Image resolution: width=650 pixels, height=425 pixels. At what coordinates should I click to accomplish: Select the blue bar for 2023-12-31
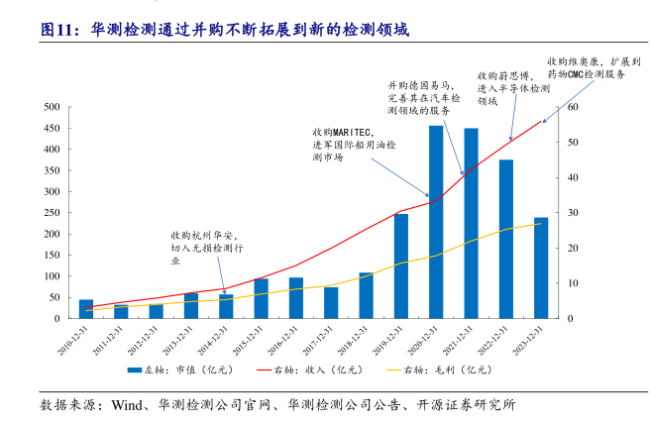(x=541, y=267)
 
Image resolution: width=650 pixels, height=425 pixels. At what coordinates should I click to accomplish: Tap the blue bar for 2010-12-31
(x=86, y=308)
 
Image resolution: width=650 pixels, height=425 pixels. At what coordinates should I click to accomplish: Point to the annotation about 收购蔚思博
(x=512, y=88)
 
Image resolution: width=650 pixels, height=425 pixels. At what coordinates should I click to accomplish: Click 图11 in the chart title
(x=60, y=31)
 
